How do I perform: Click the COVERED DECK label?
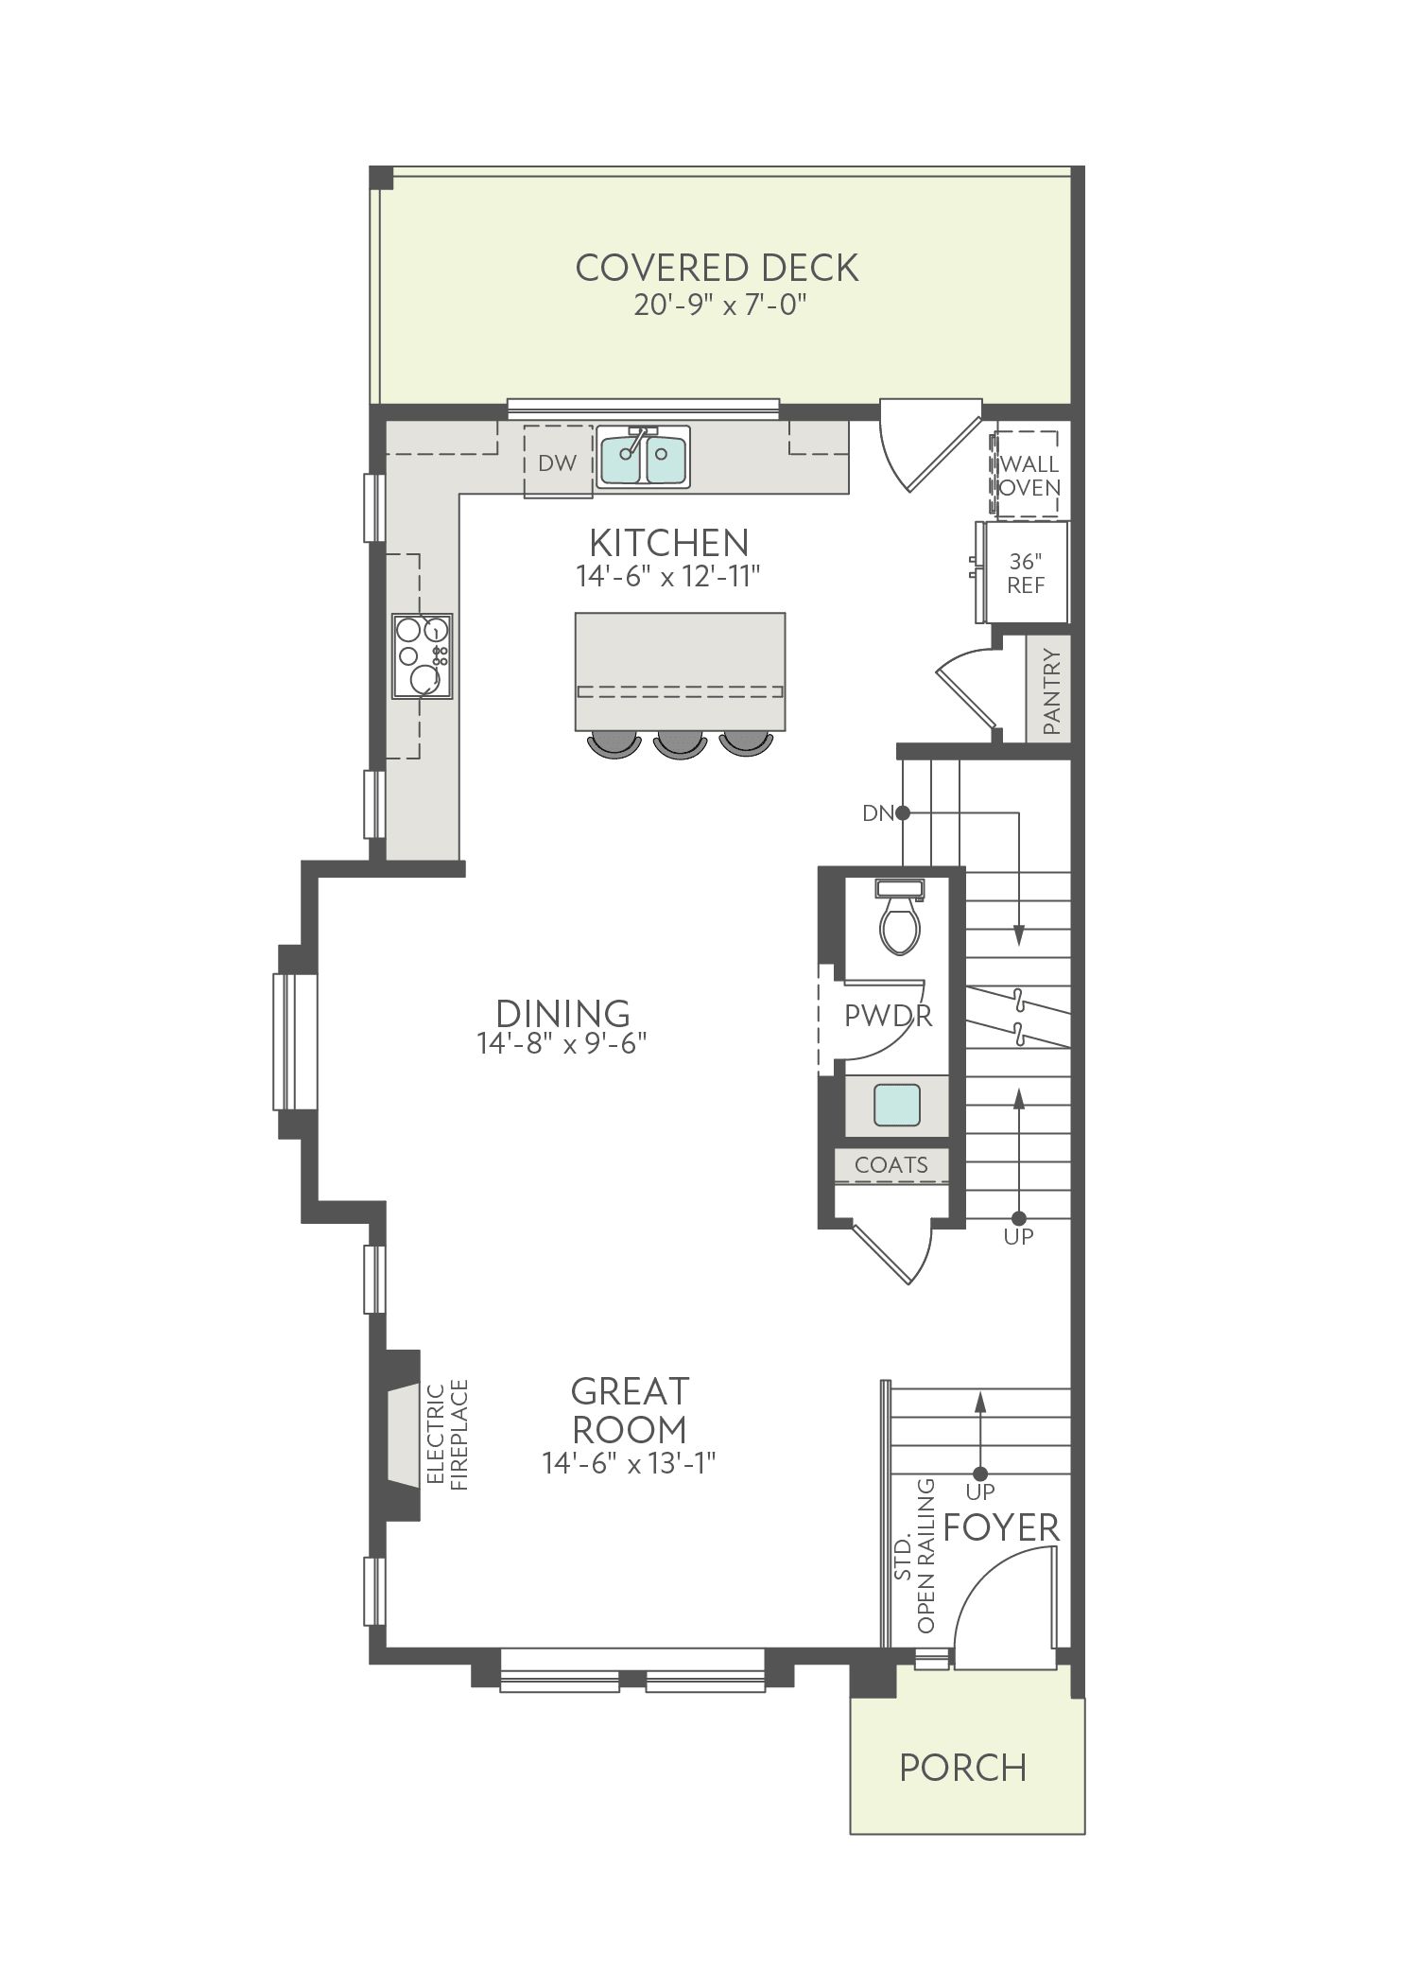(x=717, y=268)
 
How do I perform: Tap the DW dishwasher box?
(x=558, y=461)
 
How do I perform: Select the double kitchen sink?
(x=643, y=456)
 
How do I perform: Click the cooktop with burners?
(x=423, y=656)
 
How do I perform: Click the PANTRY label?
(x=1051, y=691)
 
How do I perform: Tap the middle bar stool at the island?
(x=679, y=742)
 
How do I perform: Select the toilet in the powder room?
(x=899, y=916)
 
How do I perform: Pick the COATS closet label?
(x=891, y=1165)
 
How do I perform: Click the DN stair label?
(x=877, y=812)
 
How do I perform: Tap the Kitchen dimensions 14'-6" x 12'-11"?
(x=668, y=576)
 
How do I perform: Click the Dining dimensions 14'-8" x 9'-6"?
(x=562, y=1043)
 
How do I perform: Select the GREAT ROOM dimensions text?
(x=629, y=1463)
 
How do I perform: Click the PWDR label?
(x=888, y=1016)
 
